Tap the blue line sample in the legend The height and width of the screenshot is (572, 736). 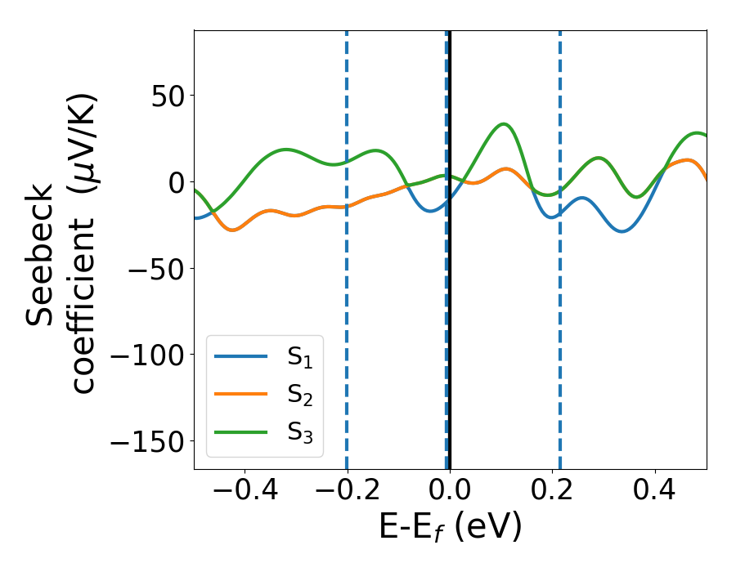pos(240,356)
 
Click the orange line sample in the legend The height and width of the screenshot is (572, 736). pos(240,395)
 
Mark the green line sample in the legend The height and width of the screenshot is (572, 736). pos(240,432)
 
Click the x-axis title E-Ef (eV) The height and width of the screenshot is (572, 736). pos(450,529)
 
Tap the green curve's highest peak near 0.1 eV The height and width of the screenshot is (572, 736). pos(505,124)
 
